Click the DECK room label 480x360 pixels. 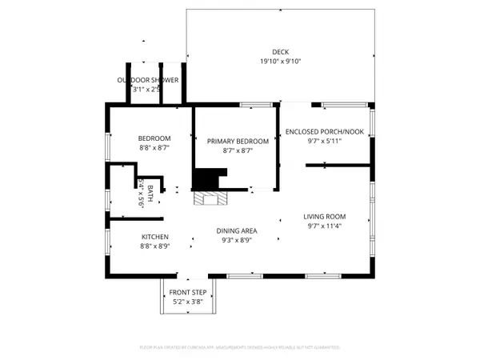280,52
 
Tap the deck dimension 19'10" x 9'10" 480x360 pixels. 280,62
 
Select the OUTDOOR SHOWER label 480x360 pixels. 148,80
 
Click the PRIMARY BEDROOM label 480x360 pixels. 238,141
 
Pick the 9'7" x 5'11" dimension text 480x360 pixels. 324,142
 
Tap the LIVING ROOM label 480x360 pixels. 324,217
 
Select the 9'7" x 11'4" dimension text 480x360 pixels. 324,226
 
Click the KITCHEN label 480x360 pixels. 155,237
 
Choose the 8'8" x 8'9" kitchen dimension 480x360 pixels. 155,246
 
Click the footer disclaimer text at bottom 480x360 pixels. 240,348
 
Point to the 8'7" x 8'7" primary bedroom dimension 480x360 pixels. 238,150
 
